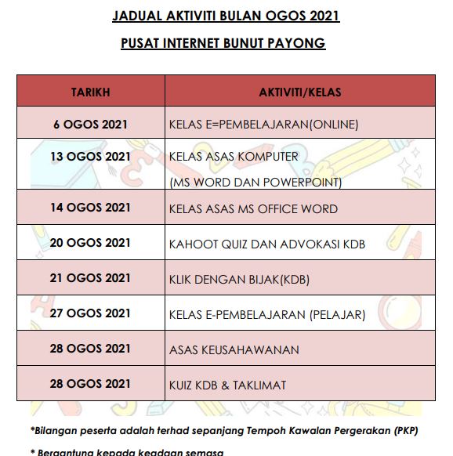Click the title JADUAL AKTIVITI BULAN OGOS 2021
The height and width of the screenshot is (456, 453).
[226, 16]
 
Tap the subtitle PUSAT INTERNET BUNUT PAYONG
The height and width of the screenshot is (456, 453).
[223, 43]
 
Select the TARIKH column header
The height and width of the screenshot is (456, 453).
[90, 92]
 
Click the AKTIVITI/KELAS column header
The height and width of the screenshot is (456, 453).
[300, 92]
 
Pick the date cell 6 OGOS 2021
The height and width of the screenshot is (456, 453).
[90, 124]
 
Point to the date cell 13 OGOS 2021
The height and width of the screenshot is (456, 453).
[90, 156]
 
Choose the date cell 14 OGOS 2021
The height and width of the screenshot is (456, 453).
[90, 208]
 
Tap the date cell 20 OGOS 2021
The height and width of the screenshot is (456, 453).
[90, 243]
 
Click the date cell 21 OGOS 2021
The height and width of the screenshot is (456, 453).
[90, 278]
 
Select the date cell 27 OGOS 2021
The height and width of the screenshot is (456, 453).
[90, 313]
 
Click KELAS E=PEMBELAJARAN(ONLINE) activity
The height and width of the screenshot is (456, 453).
[263, 125]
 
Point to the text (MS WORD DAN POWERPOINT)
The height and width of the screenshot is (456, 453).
[255, 183]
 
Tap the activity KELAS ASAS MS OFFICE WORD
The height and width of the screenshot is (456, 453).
[253, 209]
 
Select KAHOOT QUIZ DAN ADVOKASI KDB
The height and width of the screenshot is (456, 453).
[267, 244]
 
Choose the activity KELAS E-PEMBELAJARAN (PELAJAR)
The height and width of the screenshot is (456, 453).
[267, 315]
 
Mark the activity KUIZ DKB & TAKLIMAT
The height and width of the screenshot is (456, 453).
[227, 385]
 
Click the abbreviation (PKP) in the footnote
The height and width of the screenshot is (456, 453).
[406, 430]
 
